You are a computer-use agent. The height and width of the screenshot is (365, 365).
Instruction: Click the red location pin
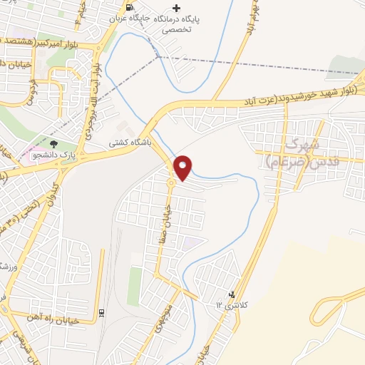click(x=183, y=167)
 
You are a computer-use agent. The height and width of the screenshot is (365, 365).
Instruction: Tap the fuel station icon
click(x=129, y=8)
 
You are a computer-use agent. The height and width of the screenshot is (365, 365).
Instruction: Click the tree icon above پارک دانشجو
click(x=54, y=145)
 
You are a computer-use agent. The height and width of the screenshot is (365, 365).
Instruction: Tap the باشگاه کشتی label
click(x=125, y=142)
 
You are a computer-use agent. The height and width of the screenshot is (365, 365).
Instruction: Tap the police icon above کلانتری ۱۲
click(x=231, y=294)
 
